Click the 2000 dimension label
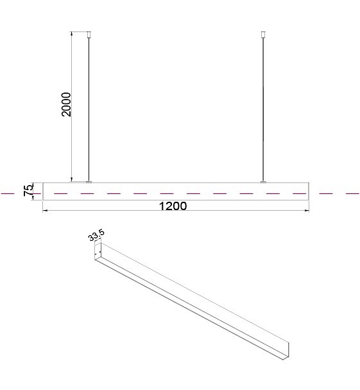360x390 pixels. [66, 104]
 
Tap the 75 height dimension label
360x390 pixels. [28, 190]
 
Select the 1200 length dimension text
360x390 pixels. [173, 206]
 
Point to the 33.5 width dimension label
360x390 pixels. [96, 235]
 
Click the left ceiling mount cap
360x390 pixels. [89, 34]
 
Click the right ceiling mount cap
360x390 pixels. [263, 34]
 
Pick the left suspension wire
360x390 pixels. [89, 109]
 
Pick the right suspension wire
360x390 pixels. [263, 109]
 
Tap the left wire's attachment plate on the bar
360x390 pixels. [89, 182]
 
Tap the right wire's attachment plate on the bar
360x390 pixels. [263, 182]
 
